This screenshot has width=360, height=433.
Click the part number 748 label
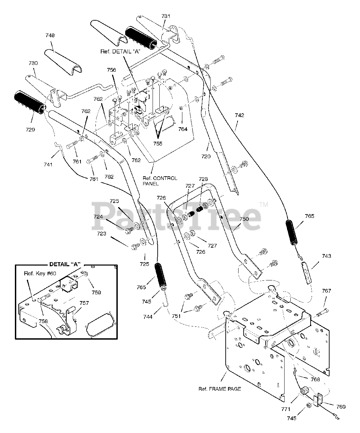tap(50, 36)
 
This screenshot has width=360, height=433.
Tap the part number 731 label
tap(166, 16)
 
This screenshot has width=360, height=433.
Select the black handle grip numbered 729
tap(30, 102)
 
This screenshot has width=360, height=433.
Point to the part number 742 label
tap(240, 115)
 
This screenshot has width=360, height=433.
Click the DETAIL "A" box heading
tap(65, 264)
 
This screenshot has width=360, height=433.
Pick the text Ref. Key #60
tap(40, 274)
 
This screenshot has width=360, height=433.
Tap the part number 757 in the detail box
tap(84, 303)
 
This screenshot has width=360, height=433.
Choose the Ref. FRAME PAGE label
tap(220, 389)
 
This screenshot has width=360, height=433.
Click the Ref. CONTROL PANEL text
tap(160, 181)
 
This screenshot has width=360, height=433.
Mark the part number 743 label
tap(327, 256)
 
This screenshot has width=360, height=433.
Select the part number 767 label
tap(327, 291)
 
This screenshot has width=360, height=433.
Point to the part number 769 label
tap(341, 407)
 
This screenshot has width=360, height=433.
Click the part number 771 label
tap(286, 409)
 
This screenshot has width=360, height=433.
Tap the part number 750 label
tap(244, 219)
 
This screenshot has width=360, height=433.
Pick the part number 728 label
tap(203, 179)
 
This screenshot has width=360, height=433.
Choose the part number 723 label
tap(102, 234)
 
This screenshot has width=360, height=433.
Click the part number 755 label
tap(158, 144)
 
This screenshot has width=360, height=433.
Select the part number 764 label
tap(183, 129)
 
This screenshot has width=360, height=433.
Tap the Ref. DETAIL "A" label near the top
tap(120, 51)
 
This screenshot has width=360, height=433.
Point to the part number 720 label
tap(206, 157)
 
